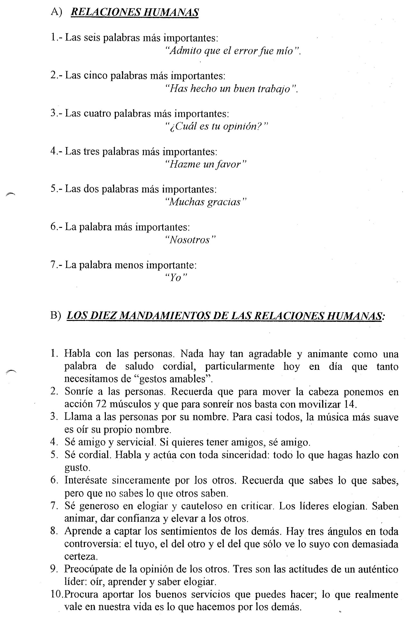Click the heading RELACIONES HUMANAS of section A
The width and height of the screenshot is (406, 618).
tap(134, 12)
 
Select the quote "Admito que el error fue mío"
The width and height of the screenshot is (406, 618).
tap(232, 51)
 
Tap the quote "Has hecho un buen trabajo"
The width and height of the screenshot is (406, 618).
tap(231, 89)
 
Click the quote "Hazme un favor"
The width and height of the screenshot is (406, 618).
tap(205, 164)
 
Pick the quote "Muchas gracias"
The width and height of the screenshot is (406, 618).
tap(205, 202)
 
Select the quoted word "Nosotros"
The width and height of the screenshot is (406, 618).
tap(189, 240)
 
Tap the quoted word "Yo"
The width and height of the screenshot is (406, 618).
tap(176, 278)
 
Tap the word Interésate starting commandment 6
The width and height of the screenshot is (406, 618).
tap(85, 480)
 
